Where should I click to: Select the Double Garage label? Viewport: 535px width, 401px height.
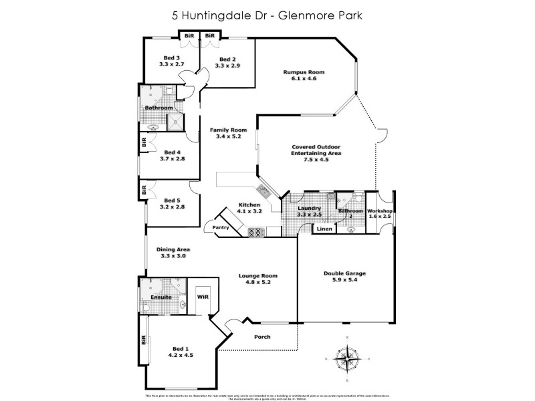[344, 273]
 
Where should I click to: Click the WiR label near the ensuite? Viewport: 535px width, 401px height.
[202, 295]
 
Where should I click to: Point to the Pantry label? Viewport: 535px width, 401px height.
[221, 228]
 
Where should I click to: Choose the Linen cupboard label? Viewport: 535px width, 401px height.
[324, 229]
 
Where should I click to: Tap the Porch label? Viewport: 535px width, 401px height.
[262, 336]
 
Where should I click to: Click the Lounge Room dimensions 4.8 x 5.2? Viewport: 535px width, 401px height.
[258, 283]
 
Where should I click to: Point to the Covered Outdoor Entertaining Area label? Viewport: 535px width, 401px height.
[316, 150]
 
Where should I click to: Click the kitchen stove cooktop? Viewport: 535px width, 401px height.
[255, 233]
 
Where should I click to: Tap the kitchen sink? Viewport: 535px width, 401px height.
[264, 193]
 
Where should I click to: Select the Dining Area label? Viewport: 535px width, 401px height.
[173, 249]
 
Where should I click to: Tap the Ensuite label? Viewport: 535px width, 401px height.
[161, 297]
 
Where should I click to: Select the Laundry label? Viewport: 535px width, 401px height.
[310, 208]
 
